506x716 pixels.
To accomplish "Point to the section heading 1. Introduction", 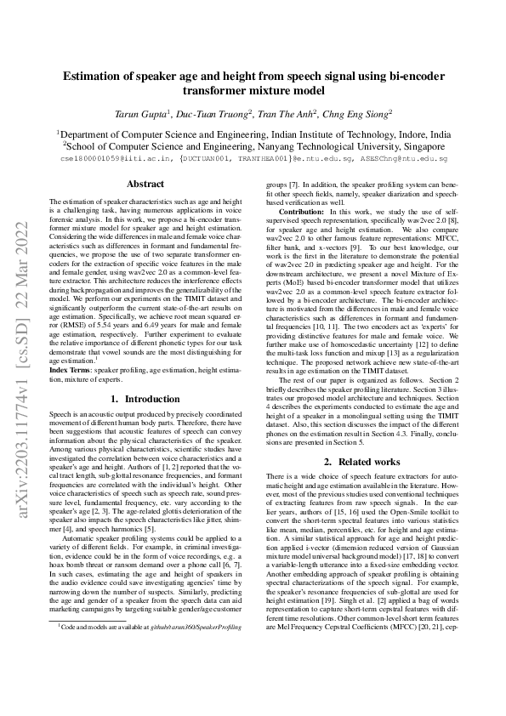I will [145, 399].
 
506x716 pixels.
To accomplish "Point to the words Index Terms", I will [71, 371].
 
